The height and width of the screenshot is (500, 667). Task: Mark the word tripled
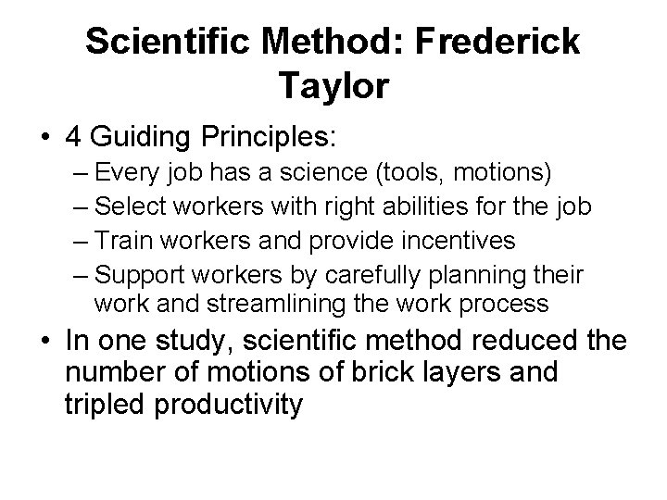coord(104,406)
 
